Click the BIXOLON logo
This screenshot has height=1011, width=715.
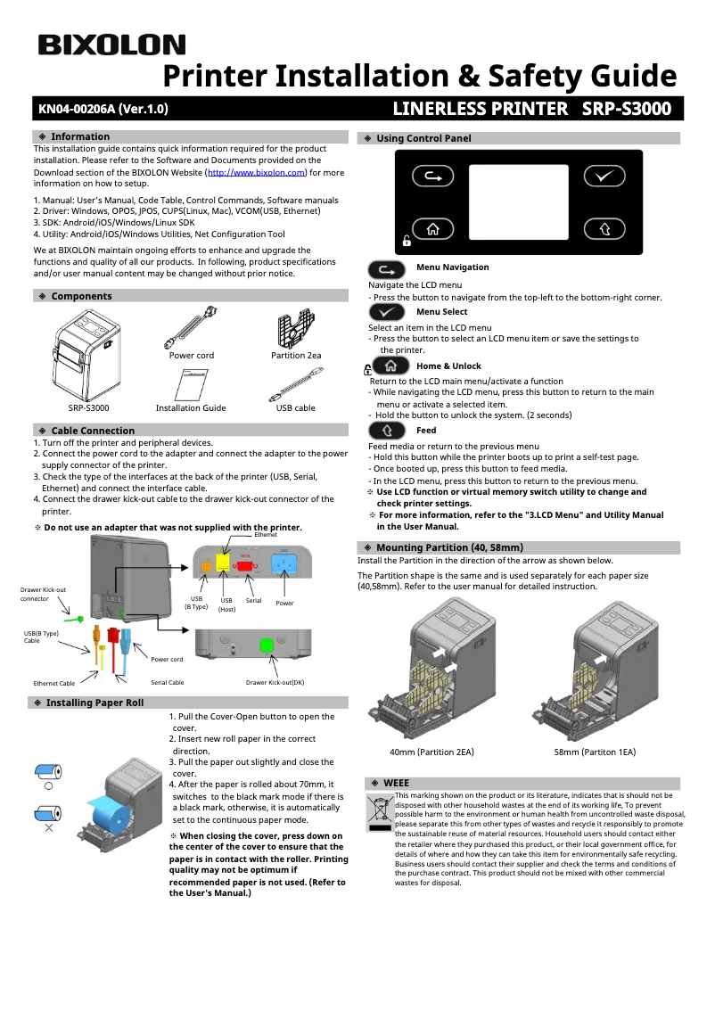pos(111,45)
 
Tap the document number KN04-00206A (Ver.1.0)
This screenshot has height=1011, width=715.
pos(103,110)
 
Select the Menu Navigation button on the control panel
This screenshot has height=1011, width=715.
pos(433,177)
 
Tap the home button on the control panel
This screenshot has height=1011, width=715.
pos(433,229)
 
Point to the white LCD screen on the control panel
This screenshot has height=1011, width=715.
pos(518,201)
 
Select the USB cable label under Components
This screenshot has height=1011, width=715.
pos(295,408)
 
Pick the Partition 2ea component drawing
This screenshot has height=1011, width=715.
pos(295,327)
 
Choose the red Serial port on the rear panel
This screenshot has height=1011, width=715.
pos(244,565)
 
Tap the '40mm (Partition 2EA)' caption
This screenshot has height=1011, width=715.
pos(431,752)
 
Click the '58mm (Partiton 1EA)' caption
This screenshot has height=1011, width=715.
pos(595,752)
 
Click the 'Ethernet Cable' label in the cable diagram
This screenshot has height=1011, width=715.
pos(54,683)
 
